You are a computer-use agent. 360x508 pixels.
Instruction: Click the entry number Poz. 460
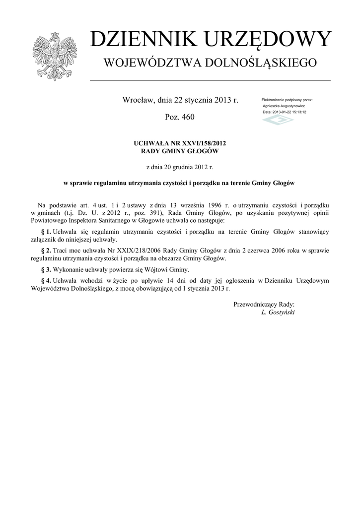coord(180,117)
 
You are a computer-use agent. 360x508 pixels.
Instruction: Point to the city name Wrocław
coord(139,100)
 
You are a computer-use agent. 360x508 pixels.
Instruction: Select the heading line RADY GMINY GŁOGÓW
coord(180,151)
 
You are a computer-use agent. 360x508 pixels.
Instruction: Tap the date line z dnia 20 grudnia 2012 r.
coord(180,167)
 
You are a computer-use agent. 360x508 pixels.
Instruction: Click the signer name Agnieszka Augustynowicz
coord(284,106)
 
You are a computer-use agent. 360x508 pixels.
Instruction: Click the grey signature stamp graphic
coord(278,121)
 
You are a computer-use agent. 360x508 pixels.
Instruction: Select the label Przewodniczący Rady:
coord(264,304)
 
